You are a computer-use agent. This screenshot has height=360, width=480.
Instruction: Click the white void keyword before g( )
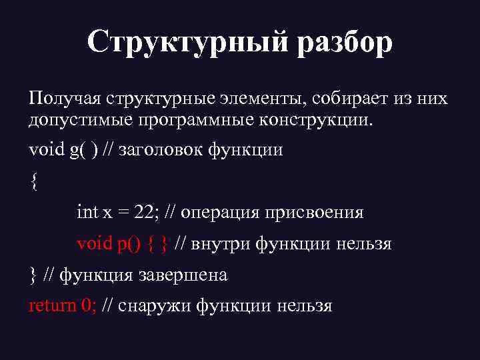click(45, 149)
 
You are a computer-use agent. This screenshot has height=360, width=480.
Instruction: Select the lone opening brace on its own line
click(34, 181)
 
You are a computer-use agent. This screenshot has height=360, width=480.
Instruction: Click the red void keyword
click(95, 243)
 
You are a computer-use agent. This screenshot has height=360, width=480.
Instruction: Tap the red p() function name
click(129, 243)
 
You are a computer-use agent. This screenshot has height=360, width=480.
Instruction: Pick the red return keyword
click(52, 305)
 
